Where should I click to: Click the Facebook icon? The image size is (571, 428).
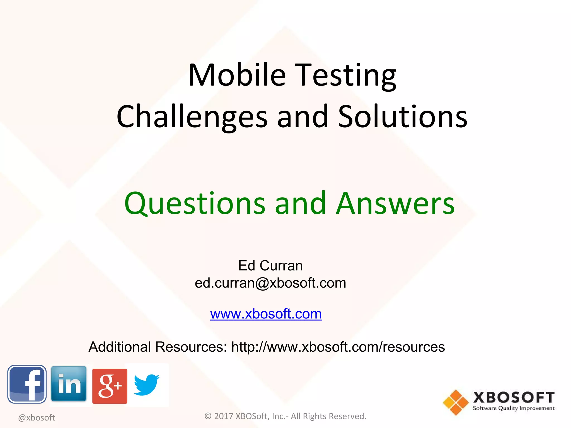pos(27,384)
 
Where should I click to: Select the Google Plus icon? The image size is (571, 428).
pos(110,386)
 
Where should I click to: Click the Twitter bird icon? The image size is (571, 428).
pos(146,385)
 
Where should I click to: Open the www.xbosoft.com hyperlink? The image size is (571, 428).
pos(266,314)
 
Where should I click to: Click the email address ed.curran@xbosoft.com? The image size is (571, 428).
pos(270,283)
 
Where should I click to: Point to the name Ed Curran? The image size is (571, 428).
pos(270,266)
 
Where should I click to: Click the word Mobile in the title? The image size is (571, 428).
pos(237,75)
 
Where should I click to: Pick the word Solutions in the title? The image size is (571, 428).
pos(403,117)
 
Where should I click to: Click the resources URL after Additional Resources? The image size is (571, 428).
pos(338,347)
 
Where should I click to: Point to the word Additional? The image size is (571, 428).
pos(120,347)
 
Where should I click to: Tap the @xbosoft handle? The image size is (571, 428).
pos(37,417)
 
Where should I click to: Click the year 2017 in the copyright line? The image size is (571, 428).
pos(223,416)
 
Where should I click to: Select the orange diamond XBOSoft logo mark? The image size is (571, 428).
pos(456,402)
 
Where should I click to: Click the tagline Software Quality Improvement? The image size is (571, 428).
pos(514,408)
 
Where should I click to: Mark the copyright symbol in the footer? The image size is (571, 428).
pos(208,416)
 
